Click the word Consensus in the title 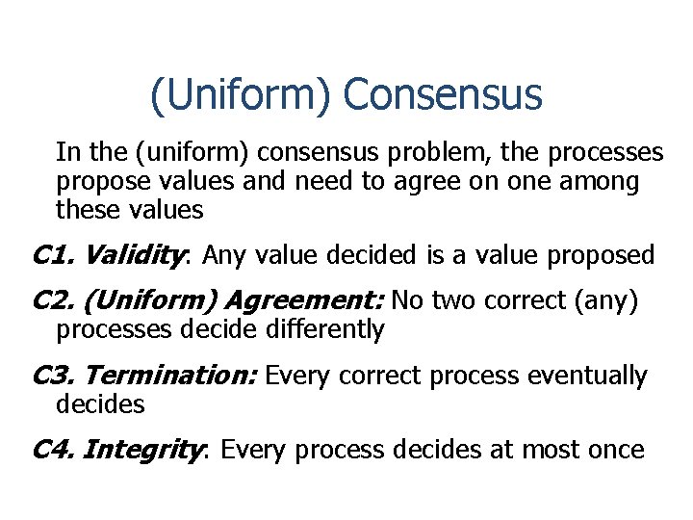tap(442, 95)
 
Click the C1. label tap(53, 255)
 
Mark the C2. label tap(53, 301)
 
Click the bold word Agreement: tap(304, 301)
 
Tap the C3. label tap(53, 376)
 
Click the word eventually tap(587, 376)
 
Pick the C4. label tap(53, 449)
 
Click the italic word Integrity tap(148, 449)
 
